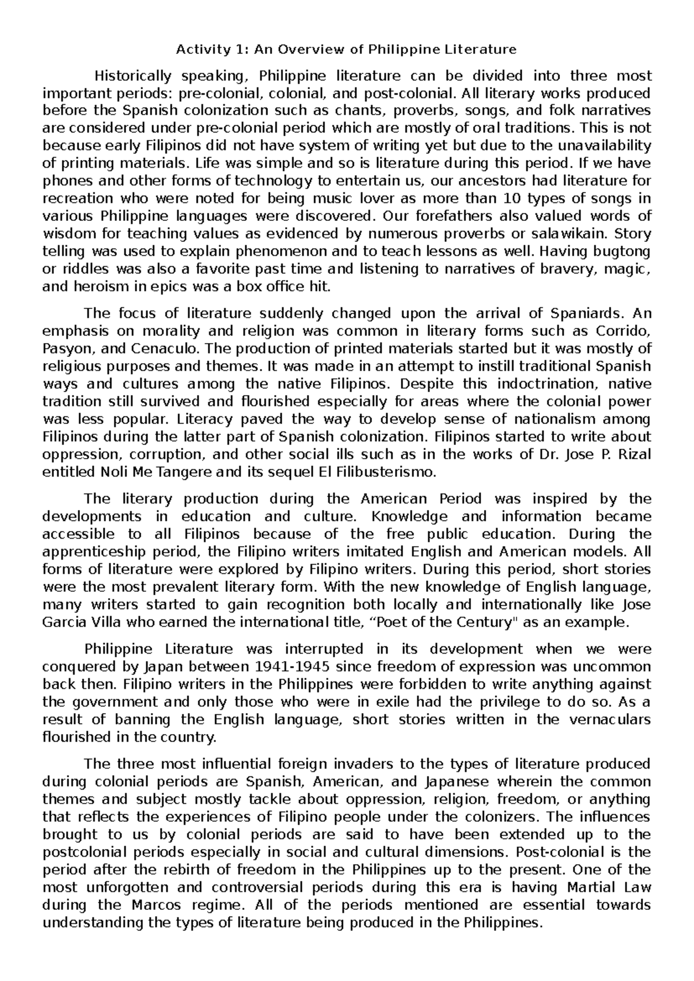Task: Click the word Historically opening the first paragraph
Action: [133, 76]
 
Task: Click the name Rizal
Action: [636, 454]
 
